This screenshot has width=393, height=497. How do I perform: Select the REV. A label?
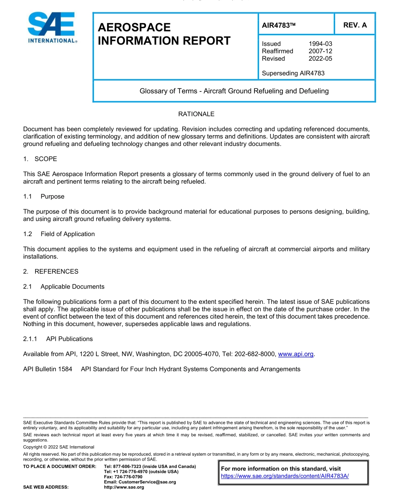[x=355, y=25]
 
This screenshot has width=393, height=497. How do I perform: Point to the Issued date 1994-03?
[x=320, y=44]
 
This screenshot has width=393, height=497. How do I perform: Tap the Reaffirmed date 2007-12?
[x=320, y=51]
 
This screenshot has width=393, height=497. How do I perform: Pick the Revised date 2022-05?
[x=320, y=59]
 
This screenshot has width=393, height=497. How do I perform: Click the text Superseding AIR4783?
[x=293, y=73]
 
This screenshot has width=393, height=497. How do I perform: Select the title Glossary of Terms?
[x=234, y=91]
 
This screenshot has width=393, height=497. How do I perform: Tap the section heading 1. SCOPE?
[x=40, y=159]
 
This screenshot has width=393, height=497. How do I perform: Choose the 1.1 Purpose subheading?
[x=44, y=196]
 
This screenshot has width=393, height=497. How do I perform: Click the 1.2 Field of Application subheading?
[x=59, y=234]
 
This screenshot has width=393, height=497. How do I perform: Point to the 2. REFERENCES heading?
[x=50, y=272]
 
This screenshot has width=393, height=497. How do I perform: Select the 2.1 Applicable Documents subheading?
[x=64, y=287]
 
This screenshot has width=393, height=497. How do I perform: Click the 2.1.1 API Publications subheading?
[x=58, y=339]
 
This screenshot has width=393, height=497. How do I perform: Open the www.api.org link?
[x=296, y=354]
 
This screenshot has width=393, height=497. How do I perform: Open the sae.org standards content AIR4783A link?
[x=285, y=476]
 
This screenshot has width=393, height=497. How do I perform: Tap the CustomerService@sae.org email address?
[x=140, y=482]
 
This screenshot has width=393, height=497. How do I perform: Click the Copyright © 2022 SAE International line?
[x=59, y=447]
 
